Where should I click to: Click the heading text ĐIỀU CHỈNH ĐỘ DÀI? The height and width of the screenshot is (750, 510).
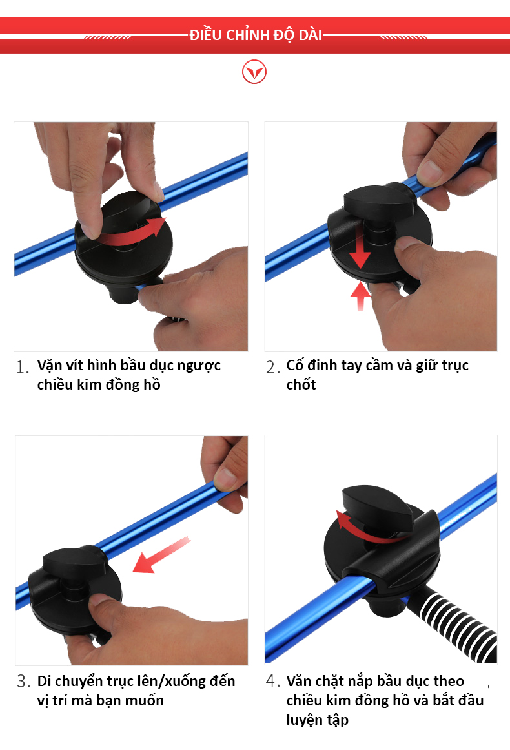pyautogui.click(x=256, y=35)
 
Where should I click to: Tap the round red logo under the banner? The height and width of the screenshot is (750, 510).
pyautogui.click(x=254, y=72)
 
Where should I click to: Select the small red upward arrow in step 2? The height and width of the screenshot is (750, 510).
pyautogui.click(x=360, y=296)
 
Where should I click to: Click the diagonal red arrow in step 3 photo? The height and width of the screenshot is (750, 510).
pyautogui.click(x=161, y=555)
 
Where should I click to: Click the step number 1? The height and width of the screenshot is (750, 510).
pyautogui.click(x=22, y=367)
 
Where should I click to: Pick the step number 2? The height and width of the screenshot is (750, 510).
pyautogui.click(x=272, y=367)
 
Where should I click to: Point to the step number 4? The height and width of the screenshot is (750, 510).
pyautogui.click(x=272, y=681)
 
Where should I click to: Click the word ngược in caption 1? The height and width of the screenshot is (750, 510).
pyautogui.click(x=199, y=366)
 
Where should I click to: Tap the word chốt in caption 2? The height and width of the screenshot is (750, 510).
pyautogui.click(x=301, y=384)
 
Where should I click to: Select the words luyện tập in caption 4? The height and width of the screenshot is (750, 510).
pyautogui.click(x=318, y=720)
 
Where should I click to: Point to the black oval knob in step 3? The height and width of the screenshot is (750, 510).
pyautogui.click(x=74, y=561)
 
